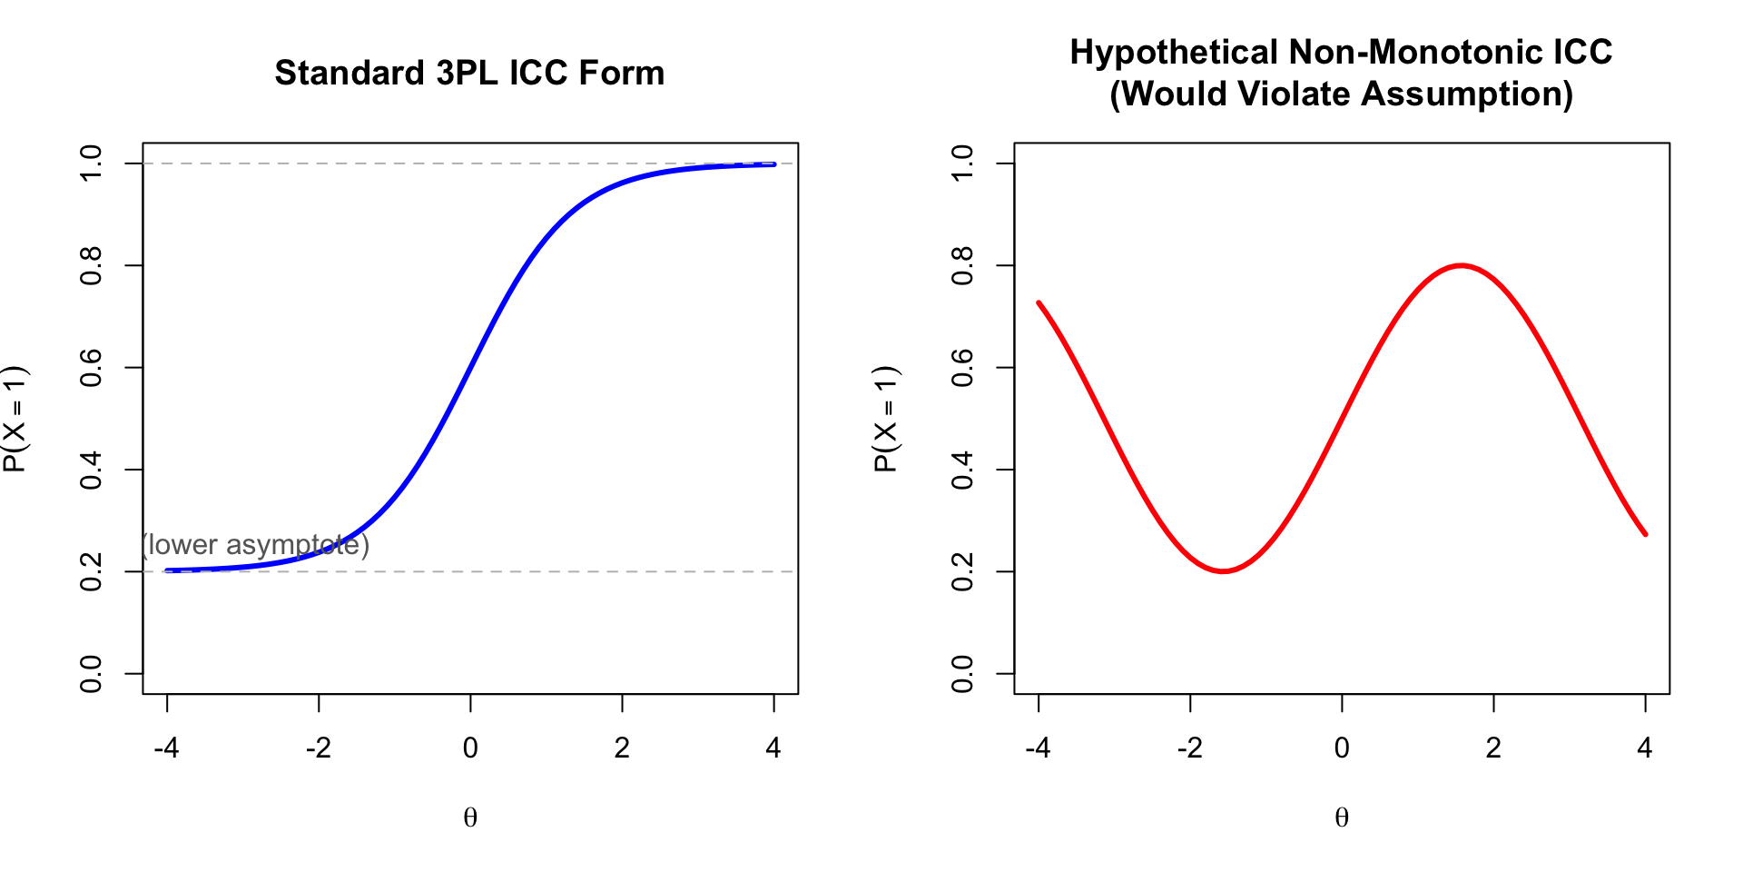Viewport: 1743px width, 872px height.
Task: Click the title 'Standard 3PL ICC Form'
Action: (x=469, y=73)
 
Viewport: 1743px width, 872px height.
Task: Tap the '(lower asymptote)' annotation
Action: (x=255, y=544)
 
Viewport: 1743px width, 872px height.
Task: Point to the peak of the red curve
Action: (x=1461, y=265)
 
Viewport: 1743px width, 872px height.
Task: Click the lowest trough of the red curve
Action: (x=1223, y=571)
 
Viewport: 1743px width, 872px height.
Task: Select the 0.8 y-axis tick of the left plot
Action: (x=91, y=265)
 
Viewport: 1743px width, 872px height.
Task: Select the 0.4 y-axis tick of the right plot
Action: (x=962, y=470)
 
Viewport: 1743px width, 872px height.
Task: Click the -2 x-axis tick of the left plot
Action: (x=318, y=748)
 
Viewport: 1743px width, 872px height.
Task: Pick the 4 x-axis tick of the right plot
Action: (x=1645, y=748)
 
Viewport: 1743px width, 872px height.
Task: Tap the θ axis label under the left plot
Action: (x=470, y=817)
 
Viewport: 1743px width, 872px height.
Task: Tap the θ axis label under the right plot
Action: (x=1342, y=817)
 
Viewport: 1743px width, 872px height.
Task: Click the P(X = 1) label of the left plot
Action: (x=15, y=419)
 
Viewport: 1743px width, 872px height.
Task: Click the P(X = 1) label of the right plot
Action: (x=886, y=419)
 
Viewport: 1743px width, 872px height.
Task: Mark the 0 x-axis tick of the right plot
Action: (x=1342, y=748)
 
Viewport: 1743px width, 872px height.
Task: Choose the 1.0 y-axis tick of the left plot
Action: (x=91, y=163)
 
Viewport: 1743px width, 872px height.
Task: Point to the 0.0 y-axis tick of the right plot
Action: (x=962, y=673)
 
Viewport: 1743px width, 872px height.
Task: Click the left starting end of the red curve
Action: (x=1039, y=302)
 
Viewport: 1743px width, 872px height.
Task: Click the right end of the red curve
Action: (x=1645, y=534)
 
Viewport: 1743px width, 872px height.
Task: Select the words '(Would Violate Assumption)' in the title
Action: (x=1342, y=94)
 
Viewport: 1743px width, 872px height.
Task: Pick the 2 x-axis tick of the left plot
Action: (x=622, y=748)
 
